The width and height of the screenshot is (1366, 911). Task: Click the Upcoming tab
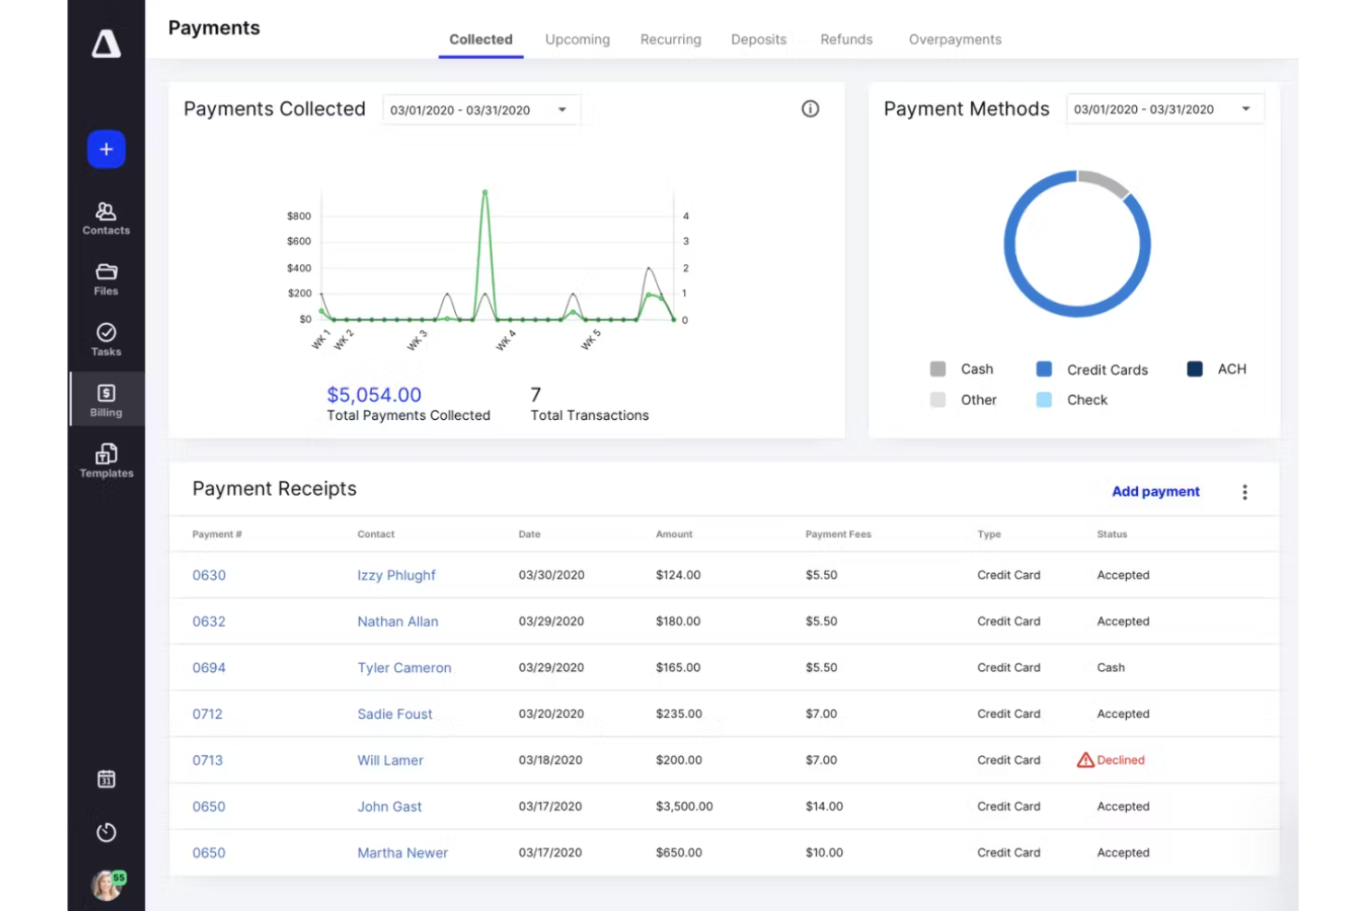pos(577,40)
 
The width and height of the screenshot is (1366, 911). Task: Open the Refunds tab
pos(845,40)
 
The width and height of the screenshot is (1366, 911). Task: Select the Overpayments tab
pos(954,40)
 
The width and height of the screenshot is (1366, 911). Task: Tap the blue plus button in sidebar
pos(106,150)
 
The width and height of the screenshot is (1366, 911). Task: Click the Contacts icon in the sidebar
pos(106,218)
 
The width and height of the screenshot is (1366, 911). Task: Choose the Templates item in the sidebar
pos(106,461)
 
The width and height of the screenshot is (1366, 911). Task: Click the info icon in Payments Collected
pos(809,109)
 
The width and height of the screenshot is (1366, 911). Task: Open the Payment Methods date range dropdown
pos(1164,109)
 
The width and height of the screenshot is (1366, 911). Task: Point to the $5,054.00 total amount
pos(374,395)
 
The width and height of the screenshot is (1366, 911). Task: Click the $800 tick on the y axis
pos(299,216)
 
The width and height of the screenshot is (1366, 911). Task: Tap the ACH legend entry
pos(1216,369)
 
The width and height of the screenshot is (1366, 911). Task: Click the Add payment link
pos(1156,492)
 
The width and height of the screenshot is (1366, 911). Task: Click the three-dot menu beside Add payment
pos(1244,492)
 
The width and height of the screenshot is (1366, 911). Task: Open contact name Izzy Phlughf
pos(396,575)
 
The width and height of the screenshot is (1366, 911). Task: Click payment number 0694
pos(209,667)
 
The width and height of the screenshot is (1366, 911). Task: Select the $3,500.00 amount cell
pos(684,807)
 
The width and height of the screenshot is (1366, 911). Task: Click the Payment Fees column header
pos(838,534)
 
